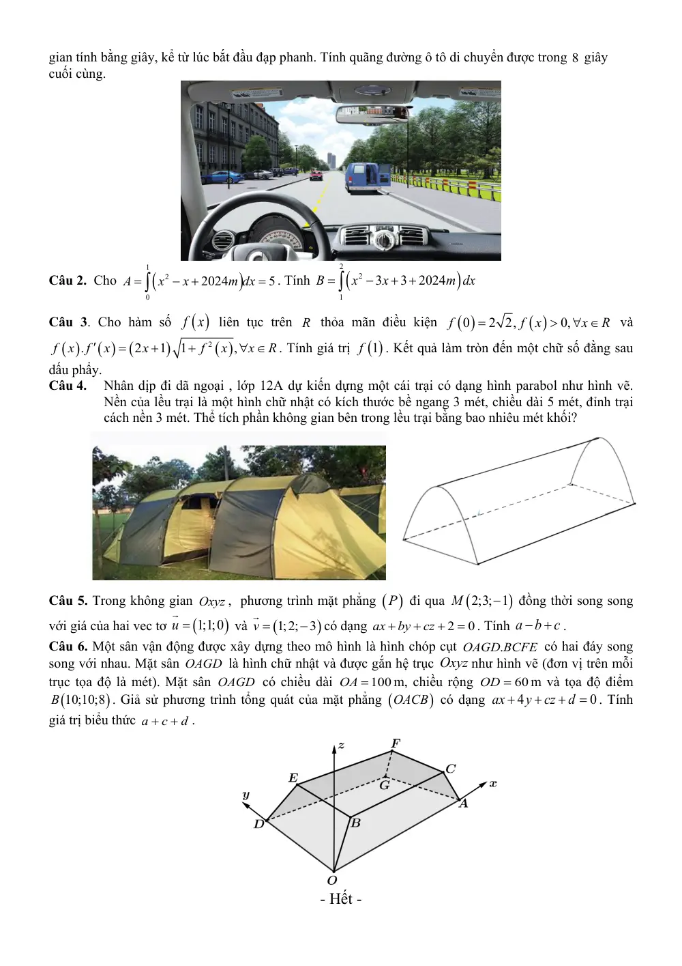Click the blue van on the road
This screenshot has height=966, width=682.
[368, 177]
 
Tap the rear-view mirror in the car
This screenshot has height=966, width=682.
[372, 114]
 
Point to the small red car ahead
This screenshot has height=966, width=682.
[316, 175]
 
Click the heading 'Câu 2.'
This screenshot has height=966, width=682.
[68, 281]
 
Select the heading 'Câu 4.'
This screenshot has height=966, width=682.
[68, 386]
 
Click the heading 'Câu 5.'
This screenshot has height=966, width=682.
[68, 601]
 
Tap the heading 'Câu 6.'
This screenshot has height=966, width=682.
[68, 647]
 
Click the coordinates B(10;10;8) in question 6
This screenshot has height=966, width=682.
[80, 700]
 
